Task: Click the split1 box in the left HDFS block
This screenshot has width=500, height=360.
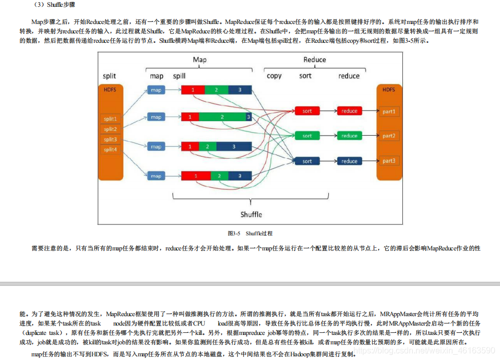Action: [110, 119]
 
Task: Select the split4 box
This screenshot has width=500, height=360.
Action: [110, 150]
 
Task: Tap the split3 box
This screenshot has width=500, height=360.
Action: [110, 139]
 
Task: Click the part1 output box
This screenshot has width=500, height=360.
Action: [389, 111]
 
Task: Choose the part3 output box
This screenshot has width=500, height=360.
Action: [389, 161]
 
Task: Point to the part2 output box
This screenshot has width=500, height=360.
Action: [389, 136]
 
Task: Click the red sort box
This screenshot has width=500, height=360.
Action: [307, 111]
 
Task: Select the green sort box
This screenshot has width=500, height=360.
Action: [307, 136]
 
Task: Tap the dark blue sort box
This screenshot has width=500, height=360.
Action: [307, 161]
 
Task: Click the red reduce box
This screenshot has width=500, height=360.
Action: [349, 111]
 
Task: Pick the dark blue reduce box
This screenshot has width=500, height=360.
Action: [349, 161]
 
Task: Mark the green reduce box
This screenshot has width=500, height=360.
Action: [349, 136]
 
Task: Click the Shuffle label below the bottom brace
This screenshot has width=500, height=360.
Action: [251, 214]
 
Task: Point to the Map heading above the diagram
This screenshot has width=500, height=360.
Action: [199, 59]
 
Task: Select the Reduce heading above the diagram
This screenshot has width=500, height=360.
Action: [315, 59]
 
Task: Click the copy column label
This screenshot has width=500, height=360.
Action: [274, 76]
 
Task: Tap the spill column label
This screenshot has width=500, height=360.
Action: [179, 76]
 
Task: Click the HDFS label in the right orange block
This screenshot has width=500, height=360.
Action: [389, 90]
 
